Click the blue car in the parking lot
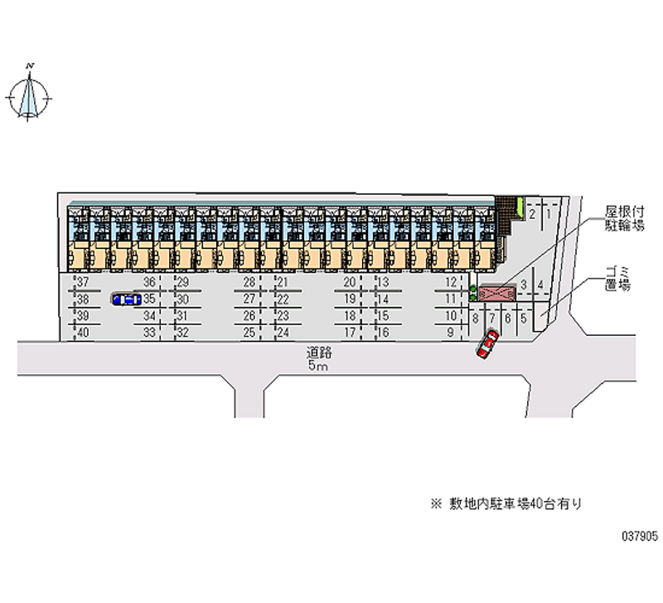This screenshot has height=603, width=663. [127, 299]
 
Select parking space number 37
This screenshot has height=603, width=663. [84, 282]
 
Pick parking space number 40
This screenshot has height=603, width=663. [84, 333]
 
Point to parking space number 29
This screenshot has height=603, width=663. [182, 282]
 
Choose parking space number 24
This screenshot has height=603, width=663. [283, 333]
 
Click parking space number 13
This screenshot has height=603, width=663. [383, 282]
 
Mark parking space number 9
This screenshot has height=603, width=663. [451, 333]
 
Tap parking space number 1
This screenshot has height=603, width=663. [549, 214]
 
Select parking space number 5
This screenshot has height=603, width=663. [524, 319]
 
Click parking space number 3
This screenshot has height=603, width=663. [524, 284]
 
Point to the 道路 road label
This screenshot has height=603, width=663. [319, 352]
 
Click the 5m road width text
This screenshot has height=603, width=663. [318, 366]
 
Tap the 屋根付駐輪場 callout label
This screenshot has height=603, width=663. [625, 218]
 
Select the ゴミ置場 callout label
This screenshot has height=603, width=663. [617, 279]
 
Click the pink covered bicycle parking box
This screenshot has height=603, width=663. [497, 293]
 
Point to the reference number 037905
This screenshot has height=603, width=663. [640, 536]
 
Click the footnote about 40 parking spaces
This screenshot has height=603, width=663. [506, 503]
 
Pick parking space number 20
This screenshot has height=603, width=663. [349, 282]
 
